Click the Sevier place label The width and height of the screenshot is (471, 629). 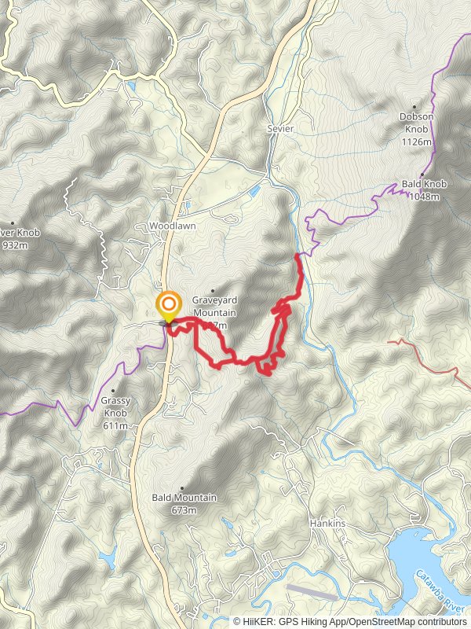point(280,128)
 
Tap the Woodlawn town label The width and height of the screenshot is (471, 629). point(172,226)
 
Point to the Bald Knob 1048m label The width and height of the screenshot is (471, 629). point(425,189)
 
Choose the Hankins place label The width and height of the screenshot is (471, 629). point(327,523)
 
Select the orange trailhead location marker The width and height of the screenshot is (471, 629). point(168,305)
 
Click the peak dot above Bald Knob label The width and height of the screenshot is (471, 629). point(422,175)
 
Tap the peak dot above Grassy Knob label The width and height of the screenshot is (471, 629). point(113,391)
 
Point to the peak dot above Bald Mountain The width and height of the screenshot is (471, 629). point(182,487)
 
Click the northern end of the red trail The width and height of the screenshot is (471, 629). point(298,255)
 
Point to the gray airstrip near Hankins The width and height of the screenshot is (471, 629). point(312,591)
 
